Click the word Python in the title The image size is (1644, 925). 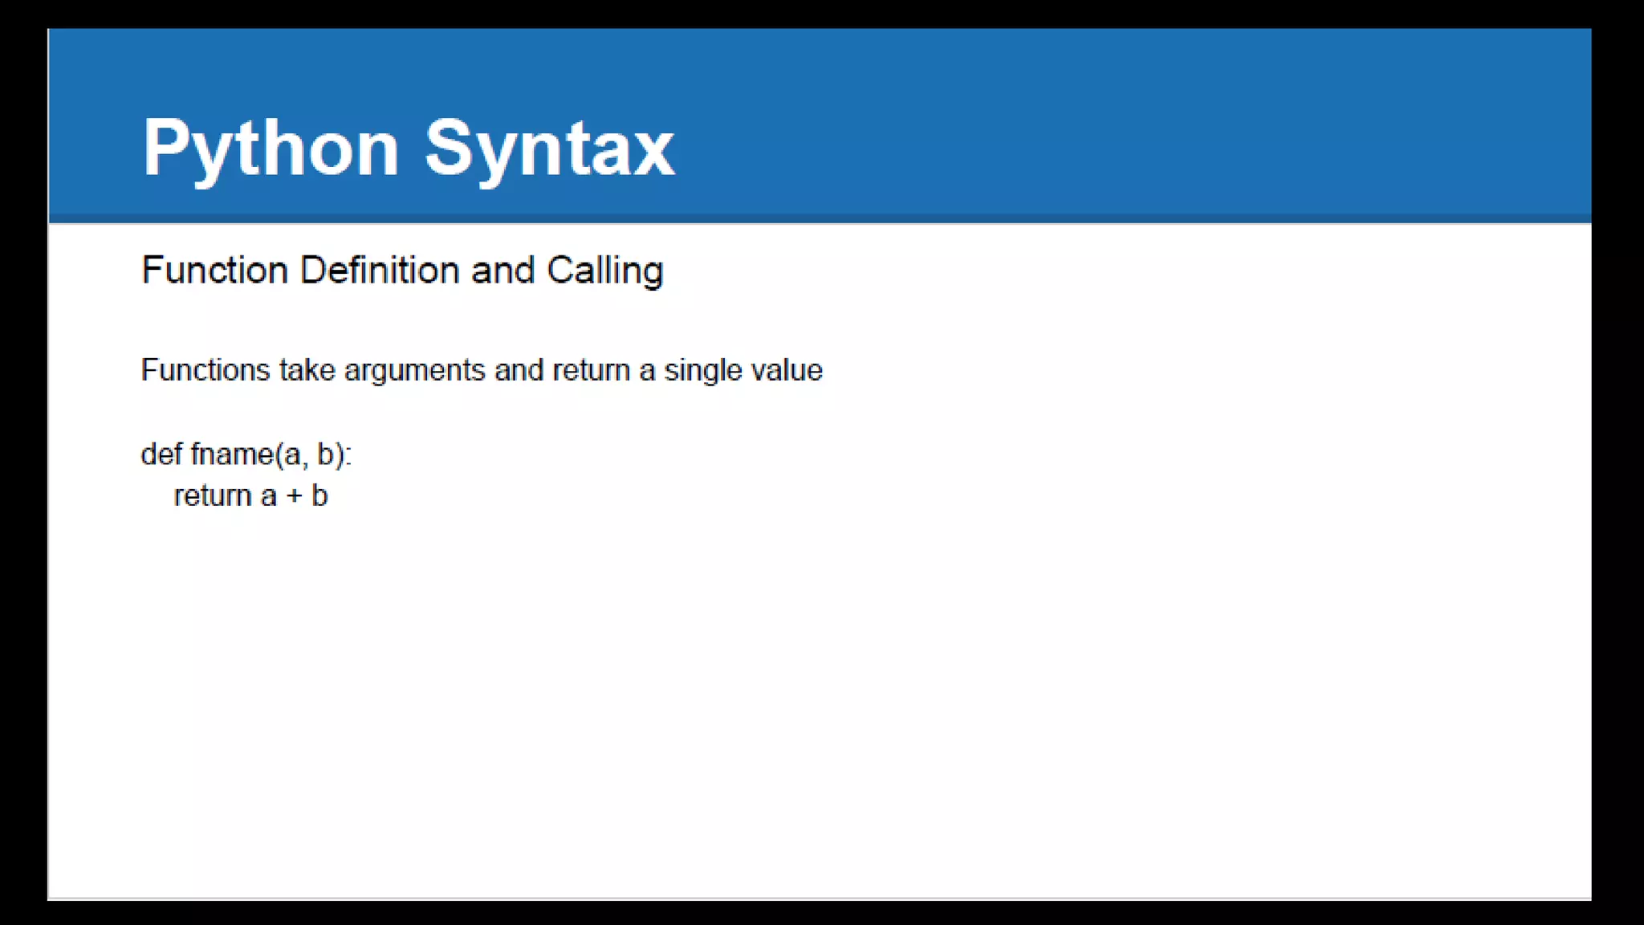click(271, 149)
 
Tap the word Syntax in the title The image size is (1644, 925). click(549, 149)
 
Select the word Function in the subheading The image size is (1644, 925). click(214, 270)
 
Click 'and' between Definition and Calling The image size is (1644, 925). click(503, 270)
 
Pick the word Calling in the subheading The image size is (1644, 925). click(605, 271)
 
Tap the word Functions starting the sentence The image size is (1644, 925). click(205, 370)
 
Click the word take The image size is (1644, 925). click(307, 370)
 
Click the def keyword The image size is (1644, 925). click(161, 454)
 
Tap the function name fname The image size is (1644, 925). click(232, 454)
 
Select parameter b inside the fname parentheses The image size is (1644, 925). click(325, 454)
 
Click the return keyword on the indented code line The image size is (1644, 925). click(213, 496)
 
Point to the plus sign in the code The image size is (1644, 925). click(295, 496)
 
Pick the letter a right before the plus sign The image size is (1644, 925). click(269, 497)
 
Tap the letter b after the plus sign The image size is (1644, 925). click(319, 495)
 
